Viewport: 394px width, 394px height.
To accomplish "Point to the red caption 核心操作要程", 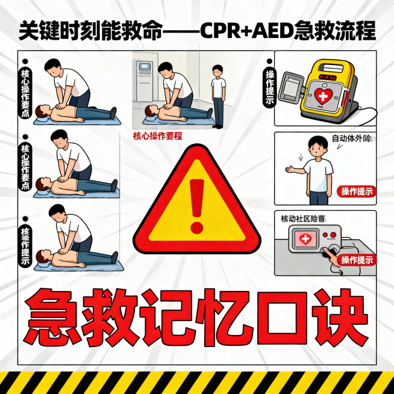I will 157,136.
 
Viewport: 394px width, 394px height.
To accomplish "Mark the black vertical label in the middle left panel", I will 25,166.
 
